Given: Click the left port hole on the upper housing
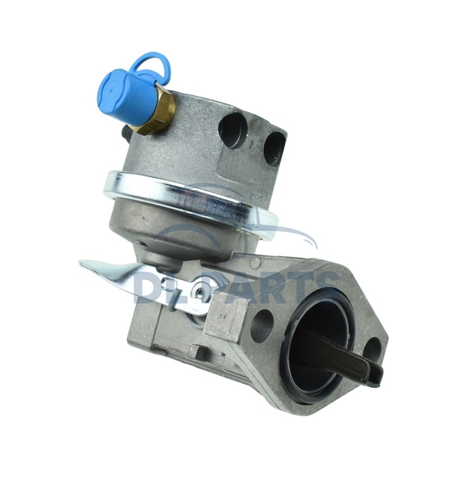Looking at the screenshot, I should click(233, 129).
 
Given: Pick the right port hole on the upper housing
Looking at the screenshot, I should click(274, 148).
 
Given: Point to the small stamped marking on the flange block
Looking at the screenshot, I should click(223, 317).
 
